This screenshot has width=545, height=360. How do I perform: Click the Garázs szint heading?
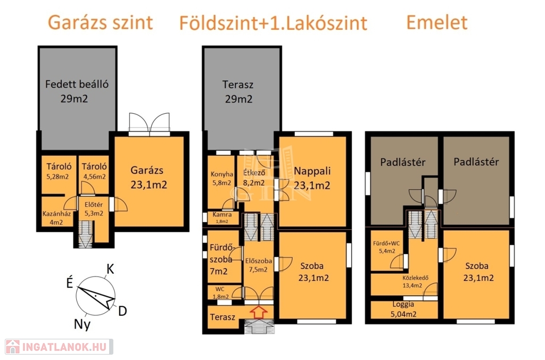(x=100, y=22)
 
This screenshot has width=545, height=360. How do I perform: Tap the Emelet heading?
(x=436, y=22)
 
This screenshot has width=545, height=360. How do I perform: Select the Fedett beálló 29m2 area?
(x=77, y=98)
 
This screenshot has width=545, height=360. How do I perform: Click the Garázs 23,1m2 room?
(x=149, y=181)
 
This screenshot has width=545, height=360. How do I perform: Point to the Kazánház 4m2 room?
(x=56, y=212)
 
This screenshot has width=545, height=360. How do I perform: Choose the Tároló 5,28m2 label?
(x=58, y=172)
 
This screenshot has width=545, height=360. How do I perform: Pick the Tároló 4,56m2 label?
(x=94, y=172)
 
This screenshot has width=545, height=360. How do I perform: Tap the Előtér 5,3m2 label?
(x=94, y=209)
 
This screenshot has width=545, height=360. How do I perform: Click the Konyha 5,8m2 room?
(x=222, y=181)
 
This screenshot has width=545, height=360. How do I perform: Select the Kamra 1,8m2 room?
(x=222, y=217)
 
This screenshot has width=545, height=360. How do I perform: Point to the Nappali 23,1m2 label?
(x=312, y=178)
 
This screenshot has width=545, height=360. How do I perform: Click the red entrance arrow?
(x=259, y=312)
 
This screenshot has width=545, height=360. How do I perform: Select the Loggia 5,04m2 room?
(x=404, y=309)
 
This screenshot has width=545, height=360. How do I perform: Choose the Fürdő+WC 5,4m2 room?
(x=386, y=250)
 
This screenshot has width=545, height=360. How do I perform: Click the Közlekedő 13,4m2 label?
(x=415, y=281)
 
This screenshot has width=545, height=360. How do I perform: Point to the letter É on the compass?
(x=70, y=283)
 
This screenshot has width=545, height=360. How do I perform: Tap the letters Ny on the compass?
(x=82, y=324)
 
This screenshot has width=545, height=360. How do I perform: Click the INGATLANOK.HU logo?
(x=59, y=347)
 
